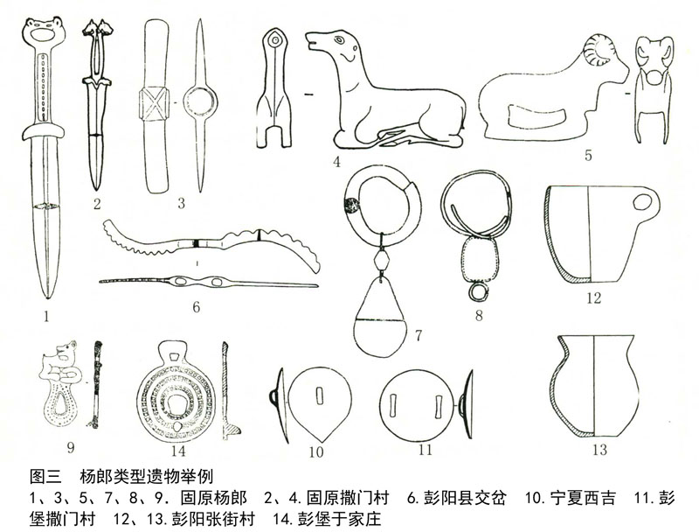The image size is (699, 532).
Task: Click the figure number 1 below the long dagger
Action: click(46, 317)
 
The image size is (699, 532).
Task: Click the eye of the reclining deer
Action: click(339, 40)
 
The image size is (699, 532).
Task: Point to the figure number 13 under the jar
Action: click(599, 450)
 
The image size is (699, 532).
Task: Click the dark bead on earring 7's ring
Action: click(351, 206)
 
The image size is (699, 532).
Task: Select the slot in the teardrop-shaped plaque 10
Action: click(318, 395)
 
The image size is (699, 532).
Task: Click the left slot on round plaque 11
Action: click(392, 405)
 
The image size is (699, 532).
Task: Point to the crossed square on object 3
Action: click(155, 103)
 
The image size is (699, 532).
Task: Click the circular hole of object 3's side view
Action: click(200, 101)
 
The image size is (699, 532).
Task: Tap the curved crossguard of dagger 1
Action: click(43, 130)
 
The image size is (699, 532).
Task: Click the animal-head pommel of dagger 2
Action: click(98, 28)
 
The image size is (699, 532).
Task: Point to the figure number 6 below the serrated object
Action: click(196, 307)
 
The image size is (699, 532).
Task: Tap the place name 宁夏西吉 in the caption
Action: click(583, 497)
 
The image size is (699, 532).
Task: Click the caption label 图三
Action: click(45, 476)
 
